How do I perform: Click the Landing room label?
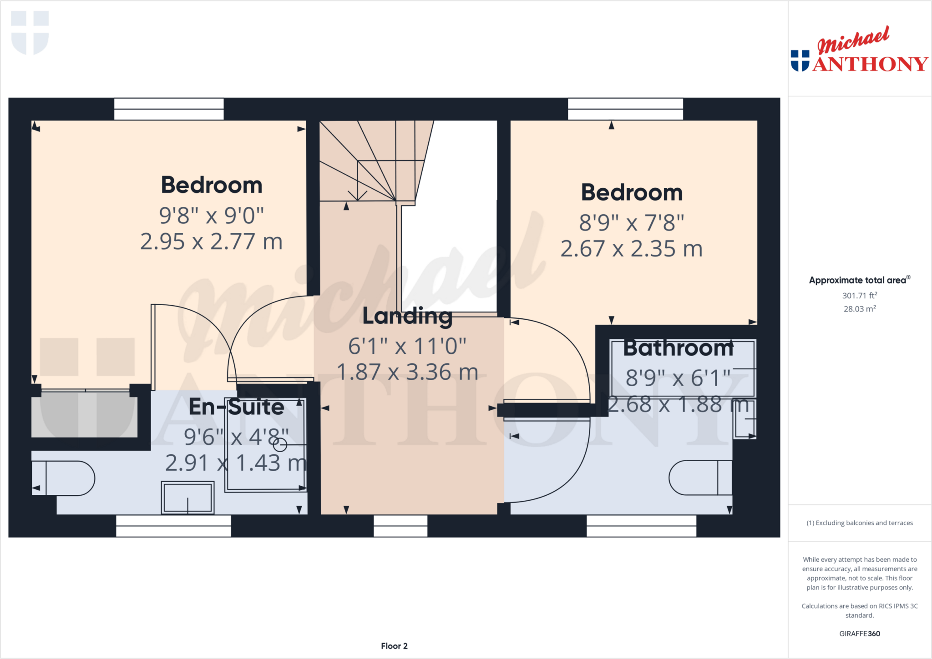pyautogui.click(x=407, y=316)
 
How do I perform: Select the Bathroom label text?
pyautogui.click(x=678, y=348)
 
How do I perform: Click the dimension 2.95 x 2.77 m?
pyautogui.click(x=211, y=241)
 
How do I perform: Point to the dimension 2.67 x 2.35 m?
pyautogui.click(x=631, y=249)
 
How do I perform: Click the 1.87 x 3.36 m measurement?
pyautogui.click(x=407, y=372)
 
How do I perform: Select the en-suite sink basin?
pyautogui.click(x=187, y=498)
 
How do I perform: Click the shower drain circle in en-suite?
pyautogui.click(x=280, y=445)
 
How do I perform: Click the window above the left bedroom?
pyautogui.click(x=169, y=109)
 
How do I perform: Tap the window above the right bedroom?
pyautogui.click(x=625, y=109)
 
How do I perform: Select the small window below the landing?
pyautogui.click(x=400, y=526)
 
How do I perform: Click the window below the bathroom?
pyautogui.click(x=641, y=526)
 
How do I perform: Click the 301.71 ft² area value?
pyautogui.click(x=859, y=296)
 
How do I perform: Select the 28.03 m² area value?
pyautogui.click(x=859, y=309)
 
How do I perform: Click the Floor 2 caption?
pyautogui.click(x=394, y=646)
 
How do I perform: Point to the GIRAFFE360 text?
pyautogui.click(x=859, y=634)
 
